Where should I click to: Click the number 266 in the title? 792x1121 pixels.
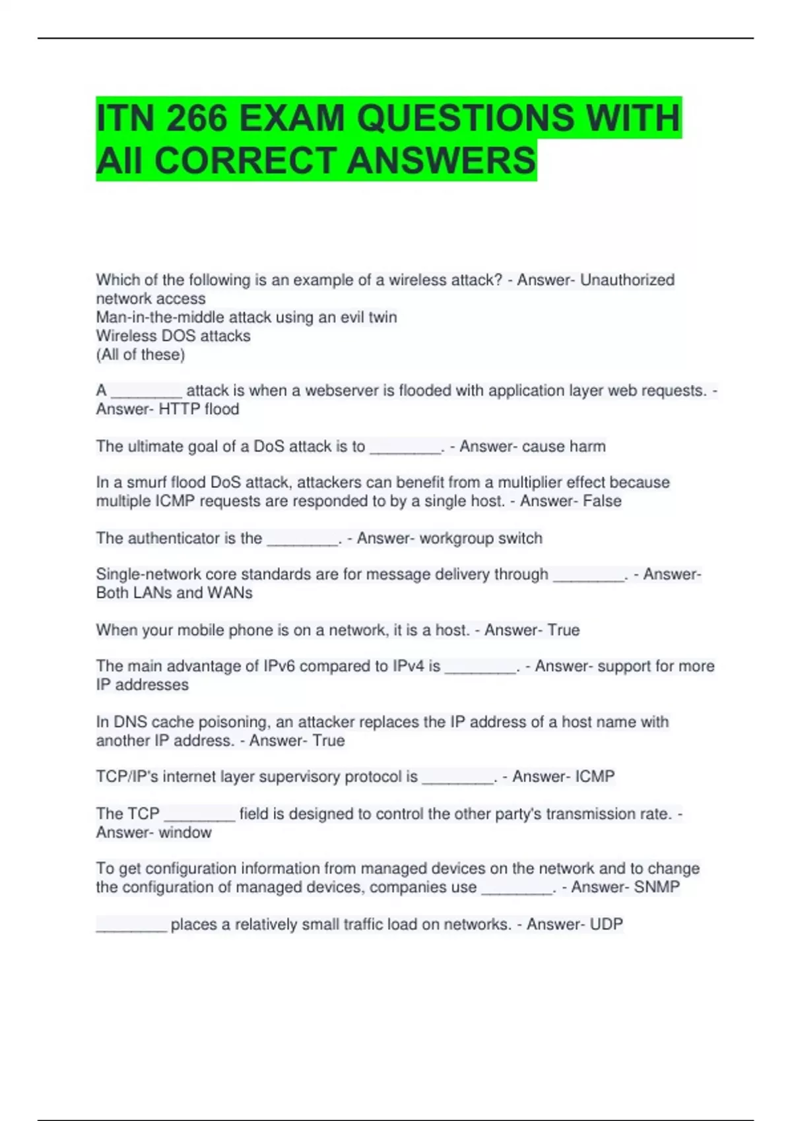click(197, 119)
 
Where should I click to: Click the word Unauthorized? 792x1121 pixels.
click(627, 280)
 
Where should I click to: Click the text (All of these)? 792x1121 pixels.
click(141, 355)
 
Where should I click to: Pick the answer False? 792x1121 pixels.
click(602, 501)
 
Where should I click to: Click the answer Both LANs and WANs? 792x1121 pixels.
click(174, 593)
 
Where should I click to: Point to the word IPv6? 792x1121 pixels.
click(279, 666)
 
